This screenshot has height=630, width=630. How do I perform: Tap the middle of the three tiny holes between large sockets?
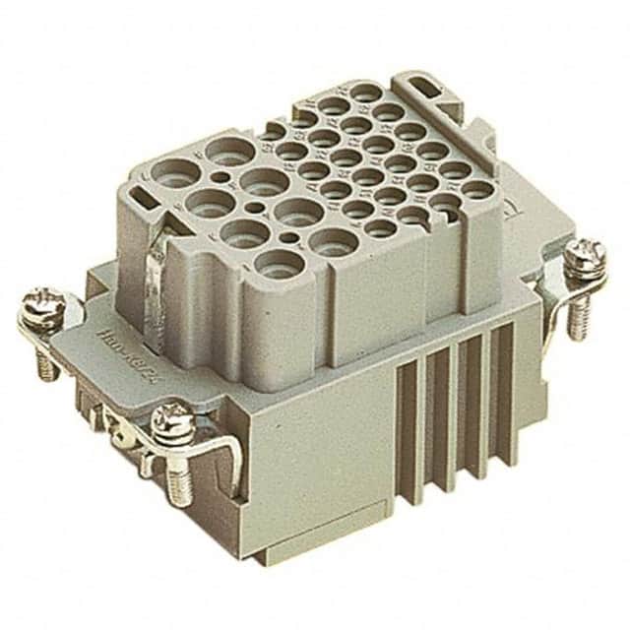point(258,209)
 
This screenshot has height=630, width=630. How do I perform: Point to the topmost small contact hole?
point(364,93)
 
